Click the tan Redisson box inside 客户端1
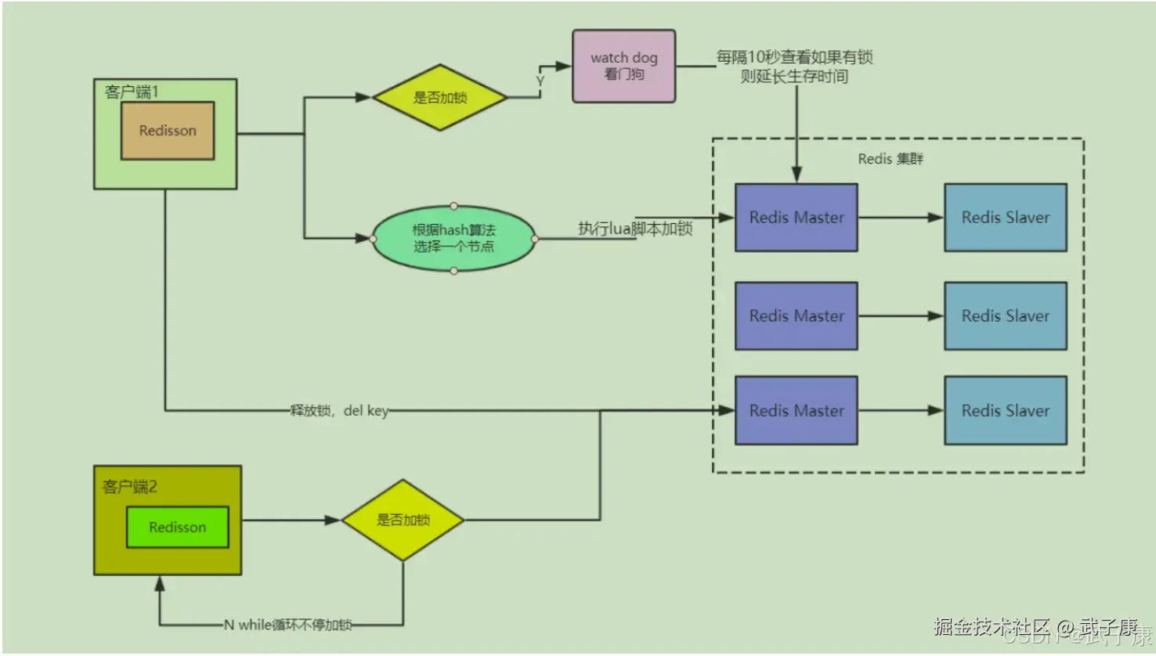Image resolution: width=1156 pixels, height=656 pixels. pos(168,131)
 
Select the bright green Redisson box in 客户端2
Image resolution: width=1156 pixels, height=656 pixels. pos(178,527)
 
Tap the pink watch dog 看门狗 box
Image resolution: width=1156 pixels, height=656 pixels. pos(623,66)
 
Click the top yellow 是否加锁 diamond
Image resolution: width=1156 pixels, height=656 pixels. pos(440,98)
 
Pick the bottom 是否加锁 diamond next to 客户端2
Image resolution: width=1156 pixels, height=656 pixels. pos(403,520)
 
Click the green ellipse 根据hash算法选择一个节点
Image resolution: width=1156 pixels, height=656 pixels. pos(454,238)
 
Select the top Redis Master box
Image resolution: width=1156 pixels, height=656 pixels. pos(796,218)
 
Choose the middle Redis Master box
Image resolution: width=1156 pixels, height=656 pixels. pos(796,315)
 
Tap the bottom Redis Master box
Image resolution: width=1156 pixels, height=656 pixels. pos(796,410)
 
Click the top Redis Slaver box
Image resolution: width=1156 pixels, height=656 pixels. pos(1005,218)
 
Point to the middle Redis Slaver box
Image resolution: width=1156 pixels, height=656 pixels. pos(1005,315)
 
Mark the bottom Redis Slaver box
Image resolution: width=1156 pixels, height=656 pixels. pos(1005,410)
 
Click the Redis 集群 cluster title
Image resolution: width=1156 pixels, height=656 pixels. pos(890,159)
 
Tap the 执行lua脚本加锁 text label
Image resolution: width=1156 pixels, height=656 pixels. pos(635,229)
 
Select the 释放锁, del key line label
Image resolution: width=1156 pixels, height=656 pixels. pos(339,410)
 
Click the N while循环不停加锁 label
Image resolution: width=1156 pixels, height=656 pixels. pos(287,625)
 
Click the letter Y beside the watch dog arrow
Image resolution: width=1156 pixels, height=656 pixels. pos(540,81)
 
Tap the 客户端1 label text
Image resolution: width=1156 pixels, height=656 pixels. pos(132,92)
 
